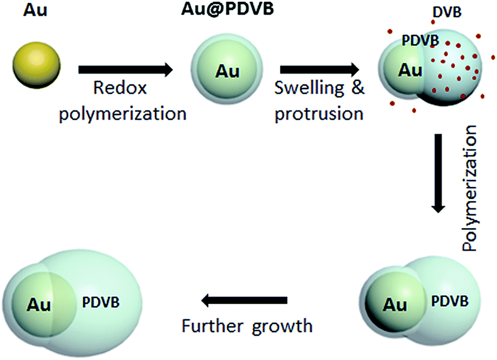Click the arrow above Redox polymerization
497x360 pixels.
[x=126, y=70]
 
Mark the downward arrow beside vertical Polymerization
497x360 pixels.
[x=440, y=173]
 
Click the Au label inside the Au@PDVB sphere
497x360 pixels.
[x=227, y=71]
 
